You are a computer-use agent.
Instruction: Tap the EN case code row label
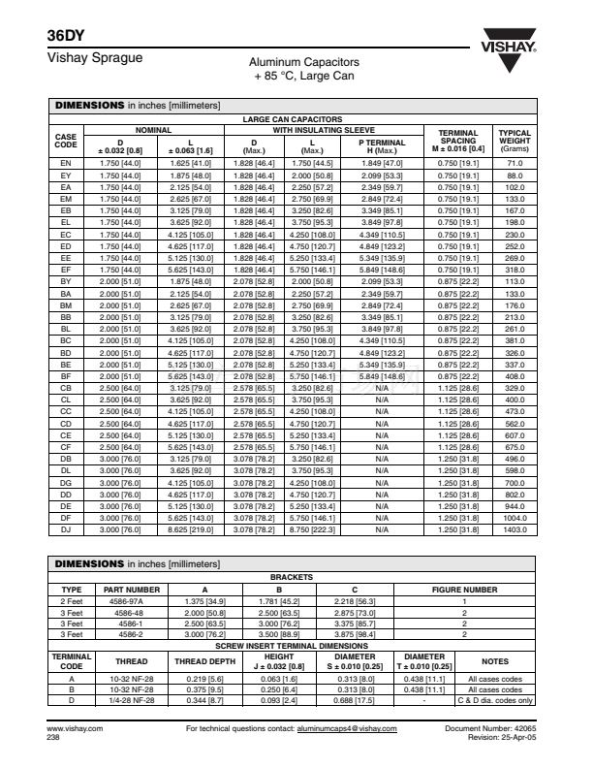[x=66, y=163]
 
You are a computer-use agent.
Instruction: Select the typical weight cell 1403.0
[x=514, y=530]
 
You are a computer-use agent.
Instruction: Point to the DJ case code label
[x=66, y=530]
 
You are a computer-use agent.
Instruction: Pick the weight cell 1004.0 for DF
[x=514, y=520]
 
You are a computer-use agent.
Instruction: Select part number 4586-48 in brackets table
[x=131, y=613]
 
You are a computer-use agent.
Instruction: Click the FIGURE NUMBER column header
[x=464, y=589]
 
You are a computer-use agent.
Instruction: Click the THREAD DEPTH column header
[x=204, y=661]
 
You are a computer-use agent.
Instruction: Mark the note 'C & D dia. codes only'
[x=495, y=700]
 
